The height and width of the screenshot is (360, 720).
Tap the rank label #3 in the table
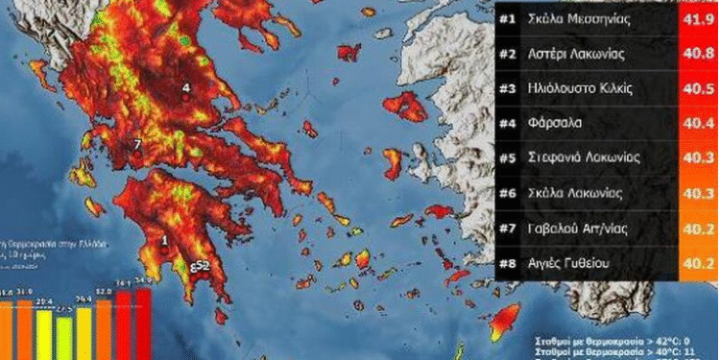(x=507, y=86)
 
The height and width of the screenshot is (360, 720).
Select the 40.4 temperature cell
(x=697, y=122)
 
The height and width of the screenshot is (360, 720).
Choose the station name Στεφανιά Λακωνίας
(x=588, y=156)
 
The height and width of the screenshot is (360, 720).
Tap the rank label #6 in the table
(x=507, y=191)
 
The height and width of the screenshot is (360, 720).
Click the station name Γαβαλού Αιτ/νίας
(x=580, y=227)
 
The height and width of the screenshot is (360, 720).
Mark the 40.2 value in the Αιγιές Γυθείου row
(x=697, y=261)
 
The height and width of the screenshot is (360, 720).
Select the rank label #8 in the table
(x=507, y=261)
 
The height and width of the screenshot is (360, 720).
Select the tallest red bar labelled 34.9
(x=143, y=324)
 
